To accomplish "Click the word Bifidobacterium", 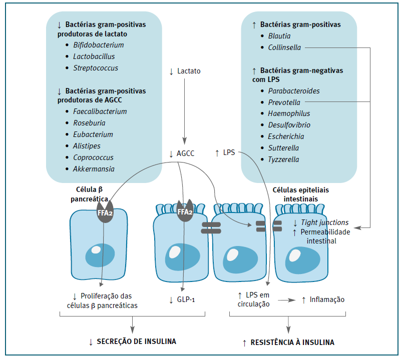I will tap(98, 45).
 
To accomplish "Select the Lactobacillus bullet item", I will tap(95, 56).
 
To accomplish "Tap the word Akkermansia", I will tap(94, 168).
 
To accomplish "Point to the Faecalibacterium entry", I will tap(100, 111).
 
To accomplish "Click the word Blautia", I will tap(279, 36).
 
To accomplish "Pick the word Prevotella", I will tap(284, 102).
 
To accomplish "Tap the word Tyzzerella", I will tap(283, 159).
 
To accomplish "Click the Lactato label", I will tap(188, 71).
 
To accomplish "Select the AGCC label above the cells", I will tap(186, 153).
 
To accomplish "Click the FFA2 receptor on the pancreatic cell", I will tap(105, 211).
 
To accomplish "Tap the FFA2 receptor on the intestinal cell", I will tap(185, 211).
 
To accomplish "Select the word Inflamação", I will tap(327, 299).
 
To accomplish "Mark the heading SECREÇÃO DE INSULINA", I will tap(136, 342).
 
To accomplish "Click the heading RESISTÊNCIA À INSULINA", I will tap(292, 342).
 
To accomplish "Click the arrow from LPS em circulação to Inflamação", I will tap(285, 300).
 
